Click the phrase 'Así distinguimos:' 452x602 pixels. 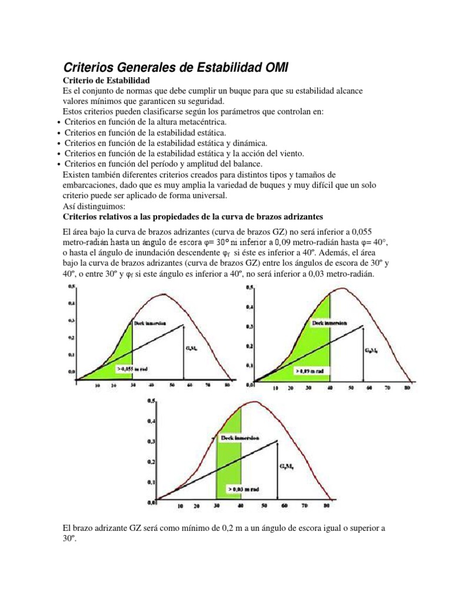pos(89,206)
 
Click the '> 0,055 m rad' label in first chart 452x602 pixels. pos(131,370)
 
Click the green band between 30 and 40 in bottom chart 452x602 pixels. pos(229,464)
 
